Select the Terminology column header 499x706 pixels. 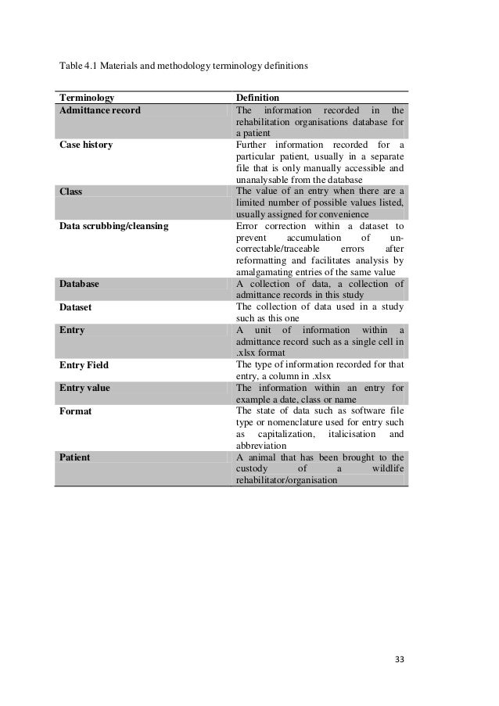tap(86, 98)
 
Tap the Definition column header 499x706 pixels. tap(257, 98)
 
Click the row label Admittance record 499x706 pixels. tap(99, 110)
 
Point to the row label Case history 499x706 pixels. tap(85, 145)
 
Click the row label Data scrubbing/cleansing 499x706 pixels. tap(113, 225)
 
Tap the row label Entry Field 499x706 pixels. tap(84, 364)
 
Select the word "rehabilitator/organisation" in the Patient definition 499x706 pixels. tap(286, 480)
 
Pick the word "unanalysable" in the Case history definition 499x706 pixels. tap(263, 179)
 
